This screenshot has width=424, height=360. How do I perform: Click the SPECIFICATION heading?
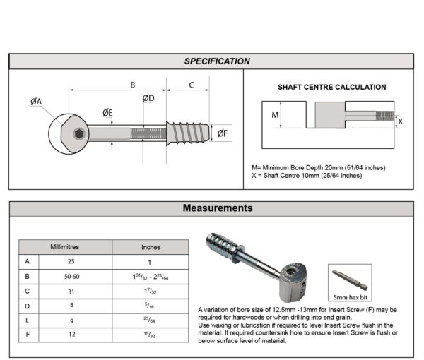coord(217,61)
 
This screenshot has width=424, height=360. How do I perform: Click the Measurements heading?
coord(217,208)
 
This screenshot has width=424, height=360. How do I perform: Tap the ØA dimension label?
coord(36,102)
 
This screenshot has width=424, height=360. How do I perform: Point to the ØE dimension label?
coord(107,113)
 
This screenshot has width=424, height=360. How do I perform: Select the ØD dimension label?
coord(148,98)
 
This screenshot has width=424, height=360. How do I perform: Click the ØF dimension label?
coord(222,133)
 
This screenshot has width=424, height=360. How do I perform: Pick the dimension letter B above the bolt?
coord(131,85)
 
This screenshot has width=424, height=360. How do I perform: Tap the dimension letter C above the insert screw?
coord(192,85)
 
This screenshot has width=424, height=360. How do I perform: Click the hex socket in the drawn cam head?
coord(79,133)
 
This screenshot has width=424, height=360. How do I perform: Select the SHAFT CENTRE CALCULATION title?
coord(331,88)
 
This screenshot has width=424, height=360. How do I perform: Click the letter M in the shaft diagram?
coord(275,114)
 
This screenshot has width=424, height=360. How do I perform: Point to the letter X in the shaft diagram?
coord(401,121)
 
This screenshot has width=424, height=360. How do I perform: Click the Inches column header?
coord(151,247)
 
